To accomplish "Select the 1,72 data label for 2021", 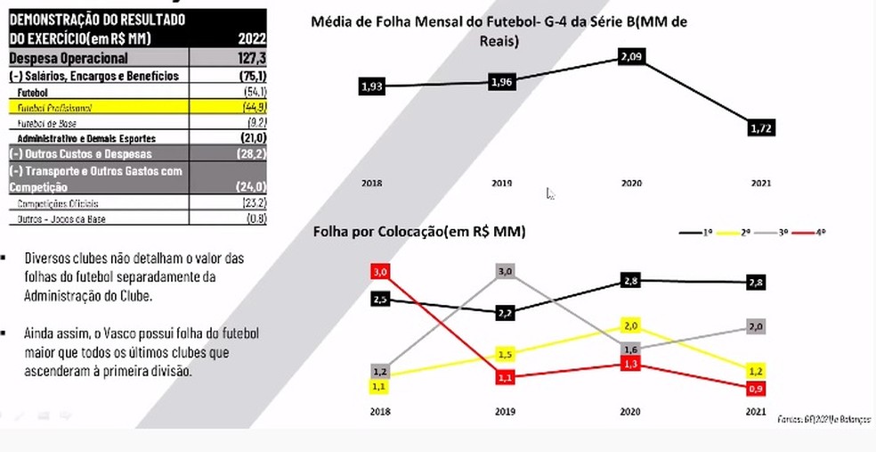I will tap(761, 129).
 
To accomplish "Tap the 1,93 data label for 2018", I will tap(371, 86).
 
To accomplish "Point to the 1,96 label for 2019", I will tap(501, 83).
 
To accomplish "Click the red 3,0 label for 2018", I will tap(380, 271).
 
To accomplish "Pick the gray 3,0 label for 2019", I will tap(506, 271).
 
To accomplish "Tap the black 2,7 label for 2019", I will tap(506, 313).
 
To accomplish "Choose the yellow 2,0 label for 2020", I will tap(631, 326).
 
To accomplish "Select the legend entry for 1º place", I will tap(694, 232).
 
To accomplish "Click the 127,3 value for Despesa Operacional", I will tap(252, 58).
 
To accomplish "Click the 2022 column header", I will tap(252, 38).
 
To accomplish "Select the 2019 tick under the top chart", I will tap(501, 183).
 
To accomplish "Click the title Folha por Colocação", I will tap(418, 232).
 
